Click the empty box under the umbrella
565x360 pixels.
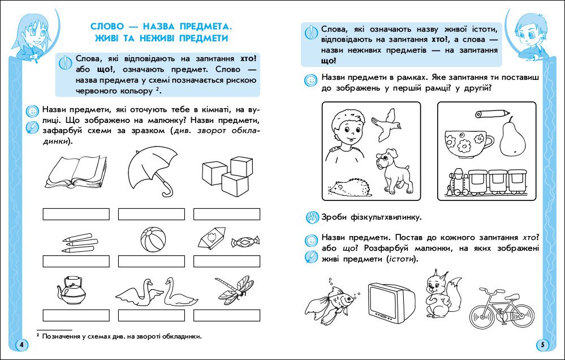pos(152,214)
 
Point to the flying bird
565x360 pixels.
pos(386,123)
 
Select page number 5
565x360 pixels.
pos(542,345)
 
